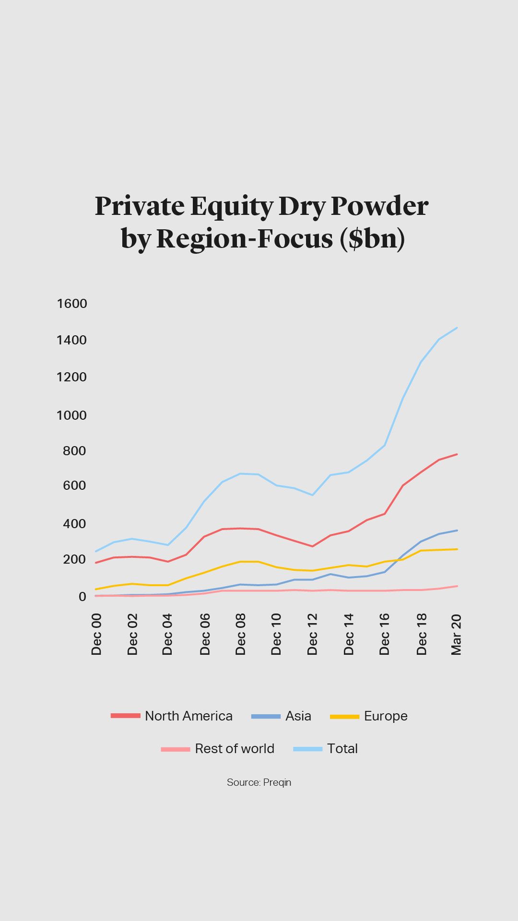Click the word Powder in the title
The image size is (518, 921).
[x=379, y=206]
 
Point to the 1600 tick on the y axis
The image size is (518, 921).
[x=72, y=304]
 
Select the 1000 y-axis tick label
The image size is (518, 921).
[x=72, y=415]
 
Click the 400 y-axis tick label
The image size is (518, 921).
[x=74, y=523]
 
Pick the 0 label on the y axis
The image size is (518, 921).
[x=82, y=596]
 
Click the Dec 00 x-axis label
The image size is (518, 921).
[x=96, y=634]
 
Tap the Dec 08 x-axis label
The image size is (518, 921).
[x=240, y=634]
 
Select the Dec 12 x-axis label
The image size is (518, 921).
[x=312, y=634]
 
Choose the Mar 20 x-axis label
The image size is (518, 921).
[x=456, y=634]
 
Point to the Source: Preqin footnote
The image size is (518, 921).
[x=259, y=782]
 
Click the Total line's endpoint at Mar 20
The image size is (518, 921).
[x=457, y=328]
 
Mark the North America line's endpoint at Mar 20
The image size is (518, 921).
[x=457, y=454]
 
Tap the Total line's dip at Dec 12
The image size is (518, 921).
[x=313, y=495]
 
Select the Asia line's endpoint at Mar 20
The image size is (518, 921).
[x=457, y=531]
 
